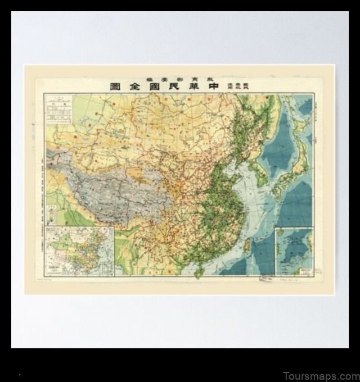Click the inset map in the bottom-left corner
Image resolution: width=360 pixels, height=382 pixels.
tap(78, 250)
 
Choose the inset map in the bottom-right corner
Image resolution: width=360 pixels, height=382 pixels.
tap(294, 250)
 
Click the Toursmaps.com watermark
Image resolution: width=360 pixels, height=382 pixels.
tap(321, 376)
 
